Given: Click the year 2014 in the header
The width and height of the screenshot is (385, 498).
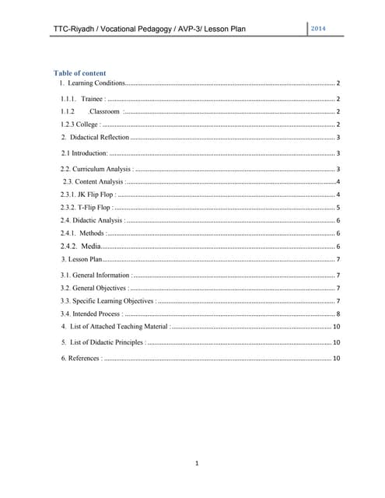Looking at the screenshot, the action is pos(317,29).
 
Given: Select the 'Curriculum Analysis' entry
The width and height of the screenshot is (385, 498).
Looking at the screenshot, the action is pos(96,169).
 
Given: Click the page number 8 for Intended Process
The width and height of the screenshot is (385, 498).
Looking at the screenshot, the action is pos(338,313).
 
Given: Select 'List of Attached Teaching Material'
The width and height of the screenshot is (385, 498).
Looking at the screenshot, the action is pos(119,326).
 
